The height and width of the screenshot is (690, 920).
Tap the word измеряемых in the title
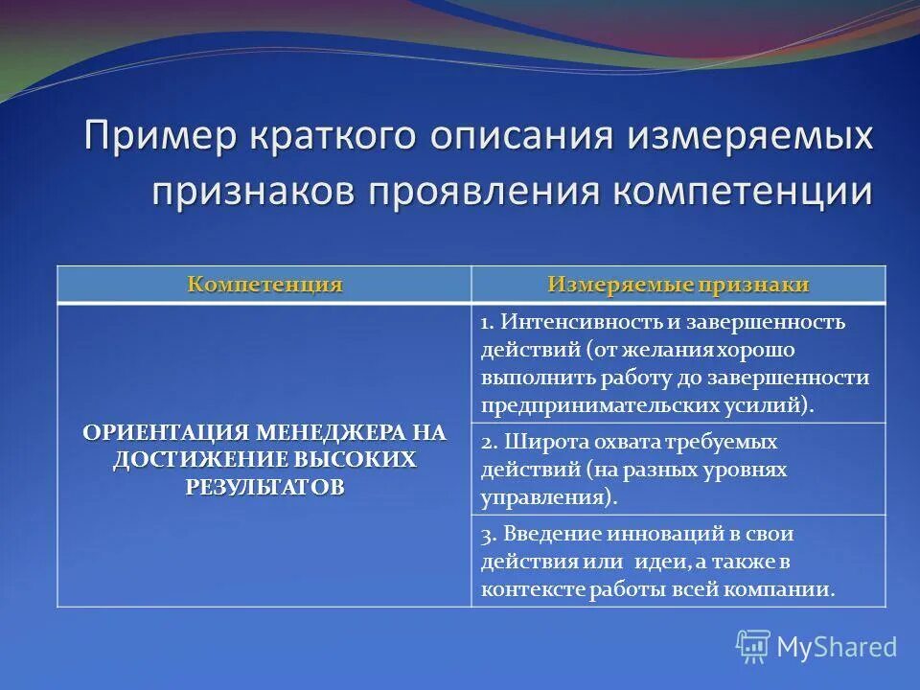pyautogui.click(x=752, y=136)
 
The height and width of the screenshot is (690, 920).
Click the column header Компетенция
pyautogui.click(x=264, y=285)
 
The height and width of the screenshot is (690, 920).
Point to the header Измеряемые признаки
pyautogui.click(x=678, y=285)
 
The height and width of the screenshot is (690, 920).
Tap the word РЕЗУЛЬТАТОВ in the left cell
pyautogui.click(x=264, y=486)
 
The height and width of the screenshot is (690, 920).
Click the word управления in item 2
pyautogui.click(x=541, y=498)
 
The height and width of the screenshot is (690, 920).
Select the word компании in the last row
pyautogui.click(x=788, y=589)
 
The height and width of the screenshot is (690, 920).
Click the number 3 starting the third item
pyautogui.click(x=486, y=534)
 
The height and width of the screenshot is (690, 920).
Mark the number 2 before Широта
pyautogui.click(x=486, y=443)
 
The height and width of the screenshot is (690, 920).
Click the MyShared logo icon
pyautogui.click(x=753, y=647)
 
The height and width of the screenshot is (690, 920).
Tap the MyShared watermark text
pyautogui.click(x=837, y=647)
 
